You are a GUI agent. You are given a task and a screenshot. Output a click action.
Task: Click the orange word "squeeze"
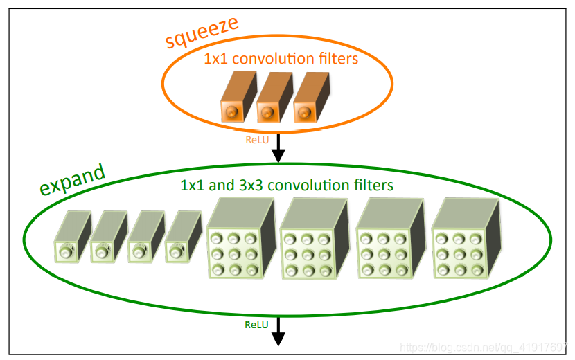202,32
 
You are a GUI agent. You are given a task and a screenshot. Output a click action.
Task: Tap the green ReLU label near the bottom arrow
256,324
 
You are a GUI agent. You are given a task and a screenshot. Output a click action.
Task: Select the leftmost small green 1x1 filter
71,237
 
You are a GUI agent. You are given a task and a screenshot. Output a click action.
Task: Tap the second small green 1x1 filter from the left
108,237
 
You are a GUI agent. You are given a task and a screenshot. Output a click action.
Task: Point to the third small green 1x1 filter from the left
145,237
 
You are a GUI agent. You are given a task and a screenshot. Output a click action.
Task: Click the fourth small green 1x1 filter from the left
182,237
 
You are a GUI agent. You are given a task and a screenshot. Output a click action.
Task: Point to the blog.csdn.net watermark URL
485,345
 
